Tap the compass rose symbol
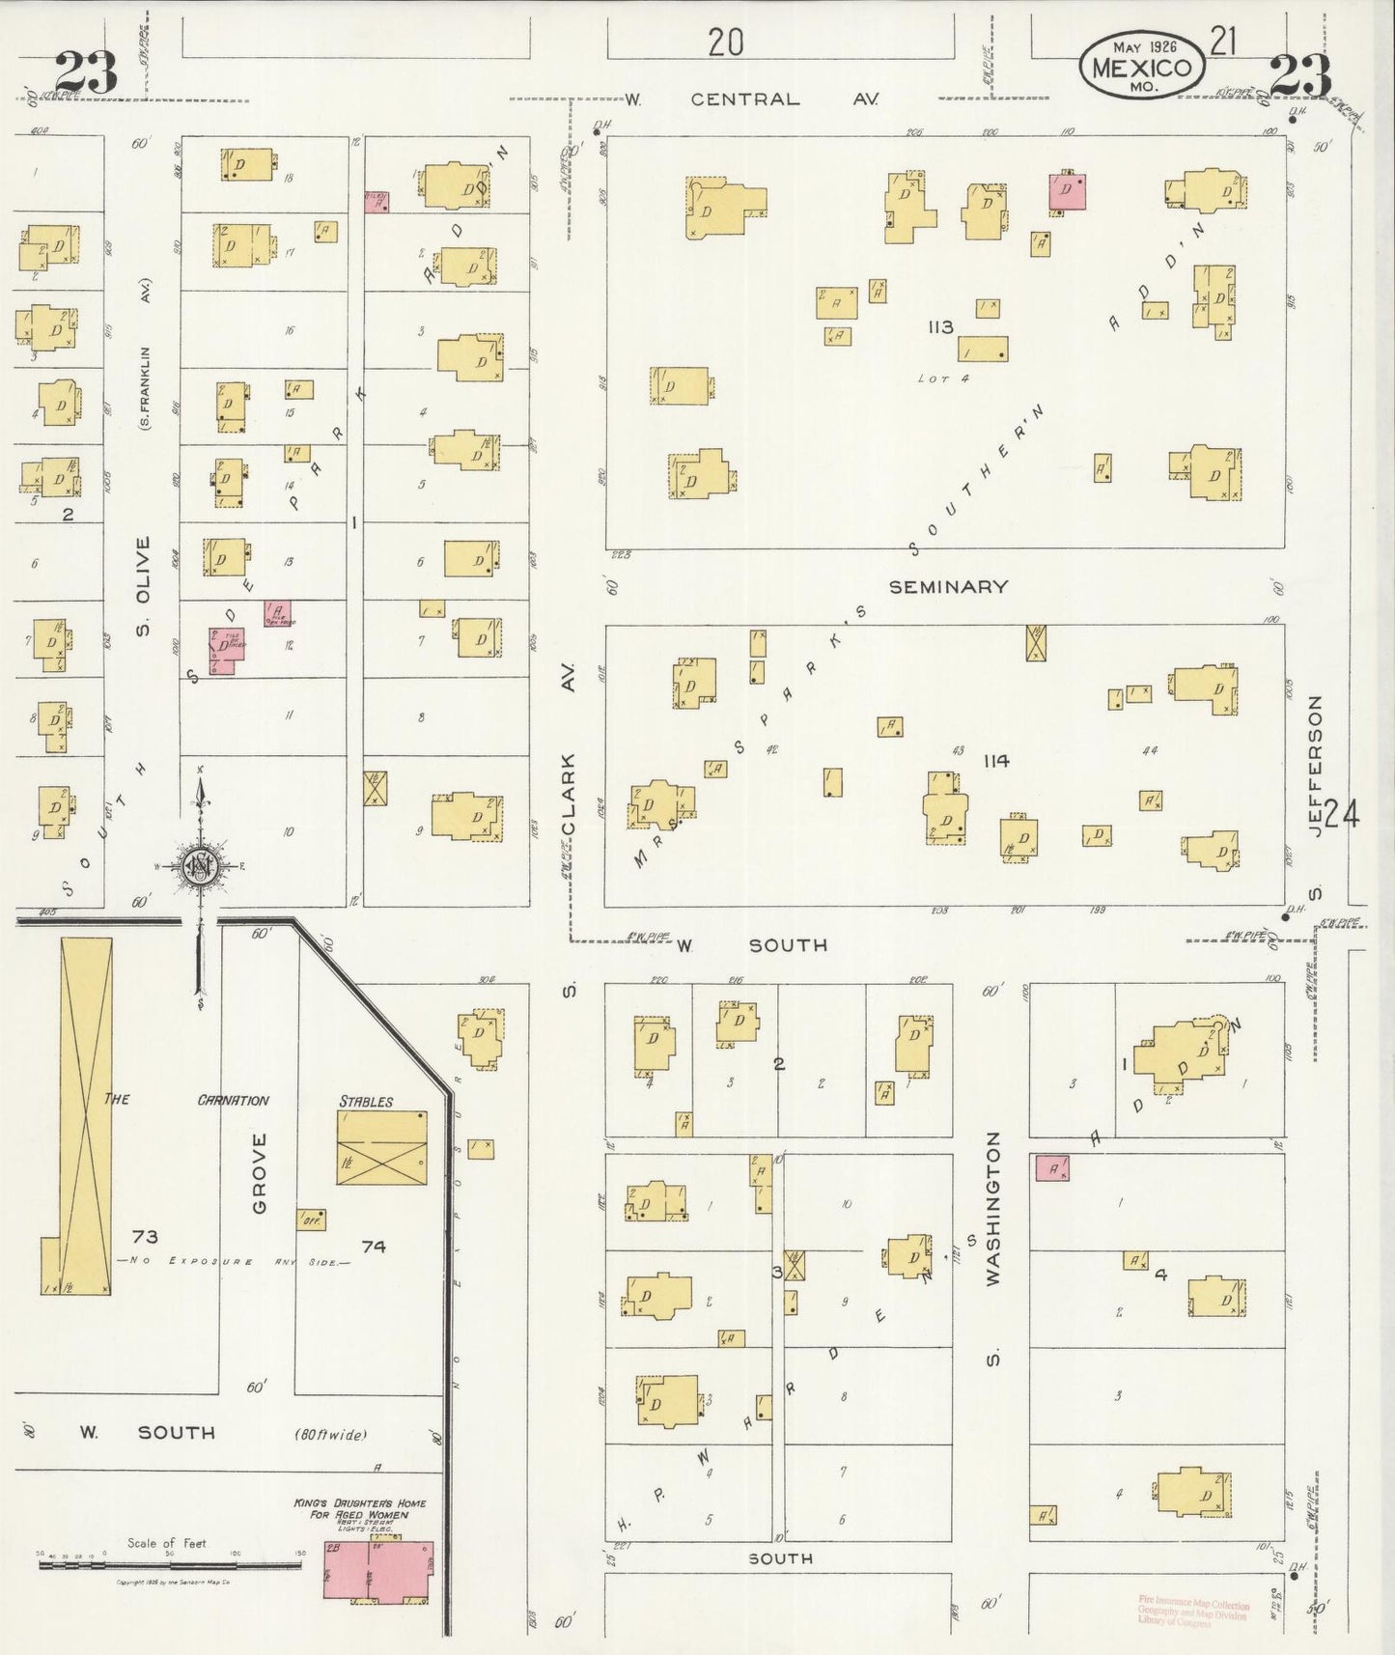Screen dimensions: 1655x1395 (x=200, y=867)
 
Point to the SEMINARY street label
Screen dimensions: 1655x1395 (x=948, y=586)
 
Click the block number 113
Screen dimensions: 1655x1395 (x=940, y=327)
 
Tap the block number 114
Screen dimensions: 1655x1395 (x=996, y=761)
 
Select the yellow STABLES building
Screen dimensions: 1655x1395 (x=382, y=1148)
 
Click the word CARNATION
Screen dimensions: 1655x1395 (x=233, y=1100)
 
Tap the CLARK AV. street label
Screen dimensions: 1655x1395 (x=569, y=763)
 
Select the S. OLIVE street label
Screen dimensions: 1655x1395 (x=143, y=586)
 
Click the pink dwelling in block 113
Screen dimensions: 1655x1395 (x=1067, y=190)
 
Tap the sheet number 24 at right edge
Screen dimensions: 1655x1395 (x=1342, y=815)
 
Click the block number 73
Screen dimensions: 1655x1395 (x=145, y=1237)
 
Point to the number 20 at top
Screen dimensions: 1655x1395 (x=725, y=43)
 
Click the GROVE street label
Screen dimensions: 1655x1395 (x=259, y=1173)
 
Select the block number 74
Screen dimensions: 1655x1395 (x=374, y=1247)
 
